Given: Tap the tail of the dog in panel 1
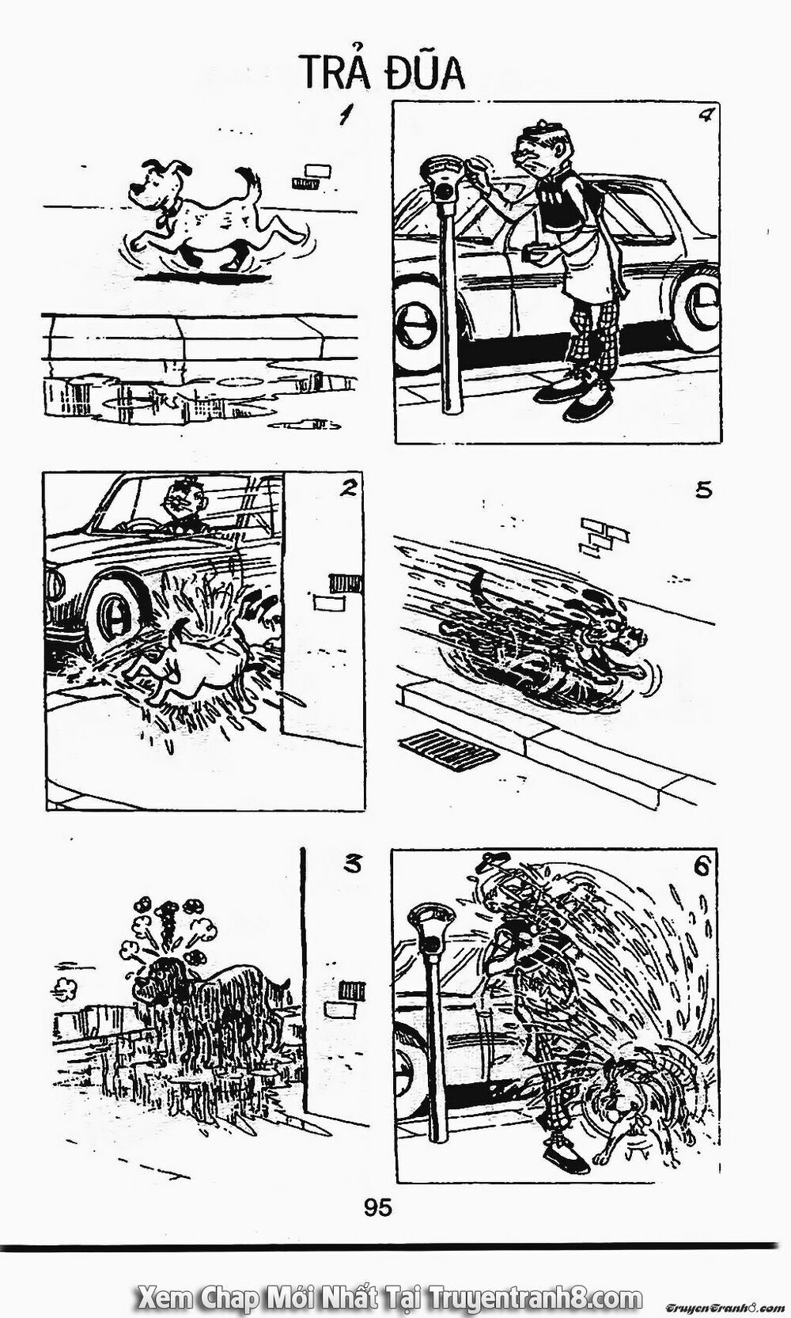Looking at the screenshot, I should click(x=252, y=187).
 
